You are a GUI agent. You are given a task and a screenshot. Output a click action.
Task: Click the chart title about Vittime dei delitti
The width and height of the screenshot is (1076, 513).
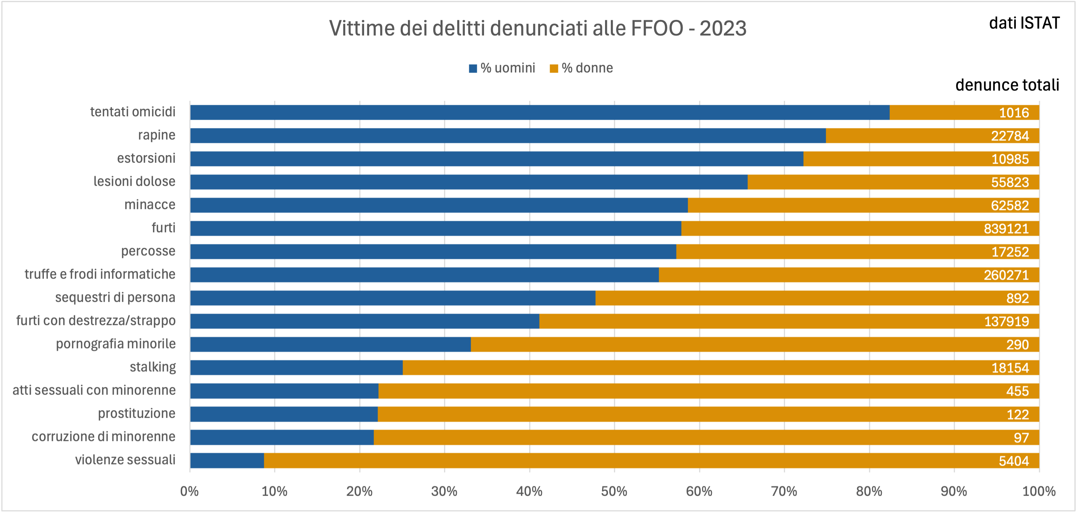538,28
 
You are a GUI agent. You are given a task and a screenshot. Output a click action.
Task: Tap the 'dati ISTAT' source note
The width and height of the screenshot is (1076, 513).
1024,23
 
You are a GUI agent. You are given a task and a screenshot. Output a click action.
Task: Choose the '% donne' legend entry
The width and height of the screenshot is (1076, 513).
581,68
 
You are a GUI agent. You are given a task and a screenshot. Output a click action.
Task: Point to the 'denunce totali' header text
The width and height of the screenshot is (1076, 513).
1007,85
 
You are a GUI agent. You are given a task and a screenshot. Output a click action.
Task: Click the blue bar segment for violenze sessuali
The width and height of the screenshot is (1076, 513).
227,460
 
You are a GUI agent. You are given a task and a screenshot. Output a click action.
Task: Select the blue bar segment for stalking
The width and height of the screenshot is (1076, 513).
296,368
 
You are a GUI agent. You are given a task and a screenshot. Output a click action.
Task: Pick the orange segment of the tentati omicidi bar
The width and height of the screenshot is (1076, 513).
940,112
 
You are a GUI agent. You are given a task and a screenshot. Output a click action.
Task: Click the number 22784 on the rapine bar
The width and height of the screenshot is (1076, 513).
1010,136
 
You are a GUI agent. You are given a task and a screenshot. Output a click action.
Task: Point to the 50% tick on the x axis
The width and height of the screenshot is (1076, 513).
614,491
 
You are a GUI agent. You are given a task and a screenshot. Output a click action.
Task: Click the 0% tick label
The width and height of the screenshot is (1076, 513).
189,491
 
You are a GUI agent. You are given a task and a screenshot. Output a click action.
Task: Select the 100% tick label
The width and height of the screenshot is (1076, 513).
1038,491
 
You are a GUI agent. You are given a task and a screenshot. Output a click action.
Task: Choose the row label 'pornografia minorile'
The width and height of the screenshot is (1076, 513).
116,344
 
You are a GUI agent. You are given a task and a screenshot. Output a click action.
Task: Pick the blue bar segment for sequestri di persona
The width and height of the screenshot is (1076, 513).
393,298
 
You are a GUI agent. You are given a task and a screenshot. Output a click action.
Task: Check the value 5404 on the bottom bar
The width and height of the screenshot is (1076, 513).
1013,461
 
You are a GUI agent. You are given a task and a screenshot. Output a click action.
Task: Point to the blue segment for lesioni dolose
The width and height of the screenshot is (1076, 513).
469,182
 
